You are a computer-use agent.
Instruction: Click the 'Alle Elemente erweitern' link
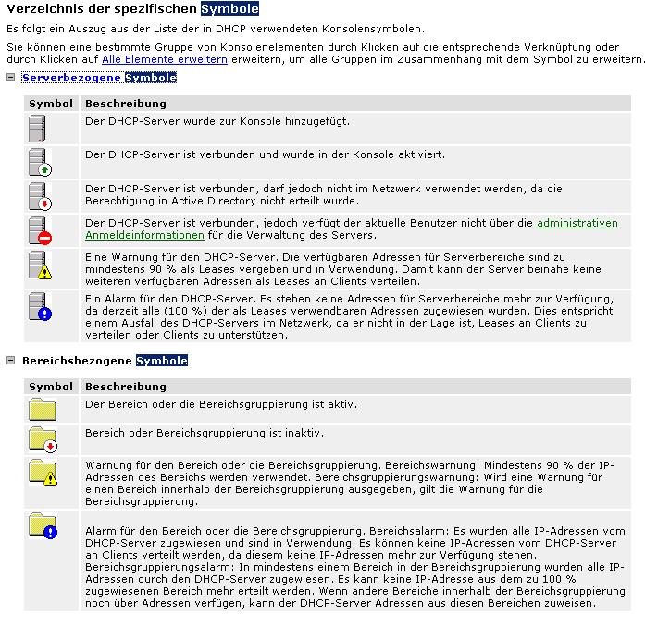pos(164,59)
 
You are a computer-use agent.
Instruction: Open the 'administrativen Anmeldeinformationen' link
pos(577,223)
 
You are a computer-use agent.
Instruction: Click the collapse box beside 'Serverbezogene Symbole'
pos(10,78)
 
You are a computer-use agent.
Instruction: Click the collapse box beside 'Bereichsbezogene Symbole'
pos(10,360)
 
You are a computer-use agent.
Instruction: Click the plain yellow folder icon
pos(42,409)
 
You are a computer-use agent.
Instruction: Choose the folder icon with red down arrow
pos(42,438)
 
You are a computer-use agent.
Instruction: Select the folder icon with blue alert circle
pos(42,525)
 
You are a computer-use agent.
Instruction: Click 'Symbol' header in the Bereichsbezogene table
pos(50,386)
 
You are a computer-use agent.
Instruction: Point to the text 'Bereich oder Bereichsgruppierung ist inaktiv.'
pos(204,433)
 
